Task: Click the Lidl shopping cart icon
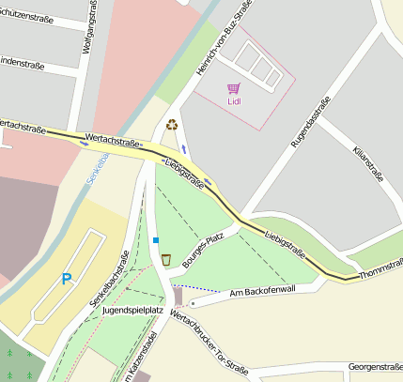pyautogui.click(x=233, y=88)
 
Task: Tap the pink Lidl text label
pyautogui.click(x=234, y=101)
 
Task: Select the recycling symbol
pyautogui.click(x=172, y=124)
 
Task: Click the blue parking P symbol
pyautogui.click(x=66, y=279)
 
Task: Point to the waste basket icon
pyautogui.click(x=166, y=260)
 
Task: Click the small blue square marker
pyautogui.click(x=156, y=241)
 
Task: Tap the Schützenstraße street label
pyautogui.click(x=26, y=15)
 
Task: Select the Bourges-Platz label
pyautogui.click(x=197, y=246)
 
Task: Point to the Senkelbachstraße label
pyautogui.click(x=112, y=277)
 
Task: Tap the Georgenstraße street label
pyautogui.click(x=374, y=367)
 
